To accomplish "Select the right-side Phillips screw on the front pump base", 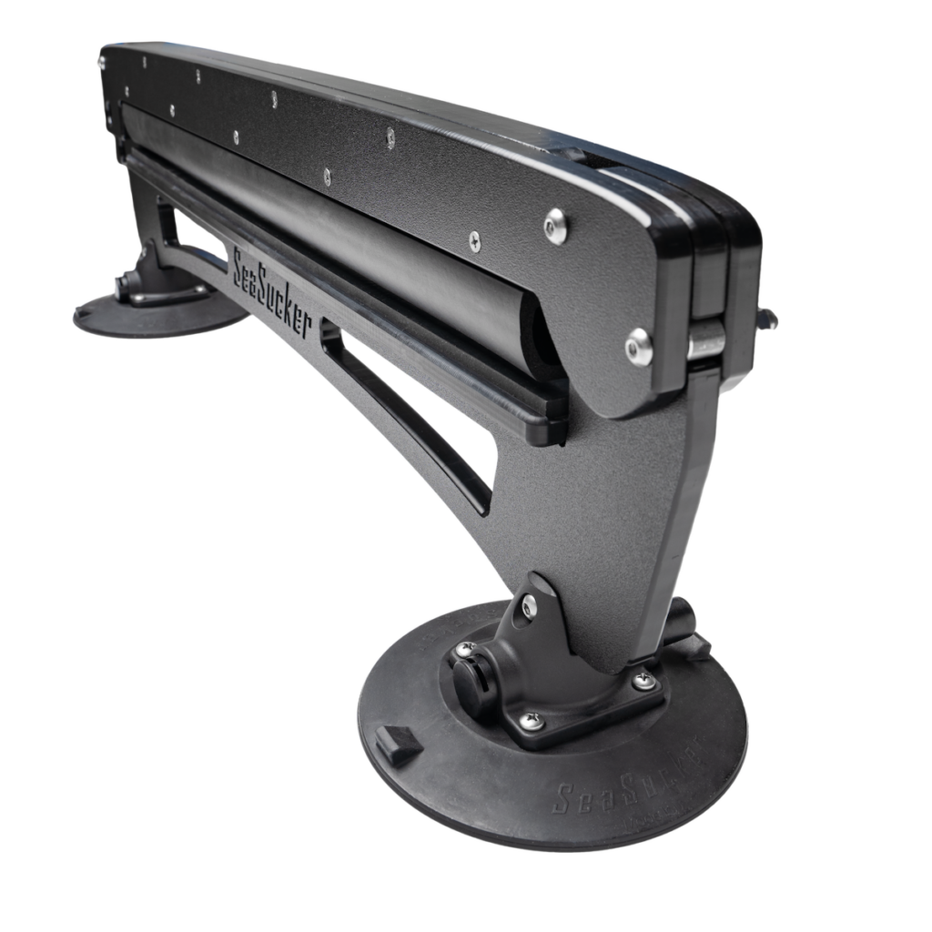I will pos(644,678).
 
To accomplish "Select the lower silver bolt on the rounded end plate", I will pos(639,348).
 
